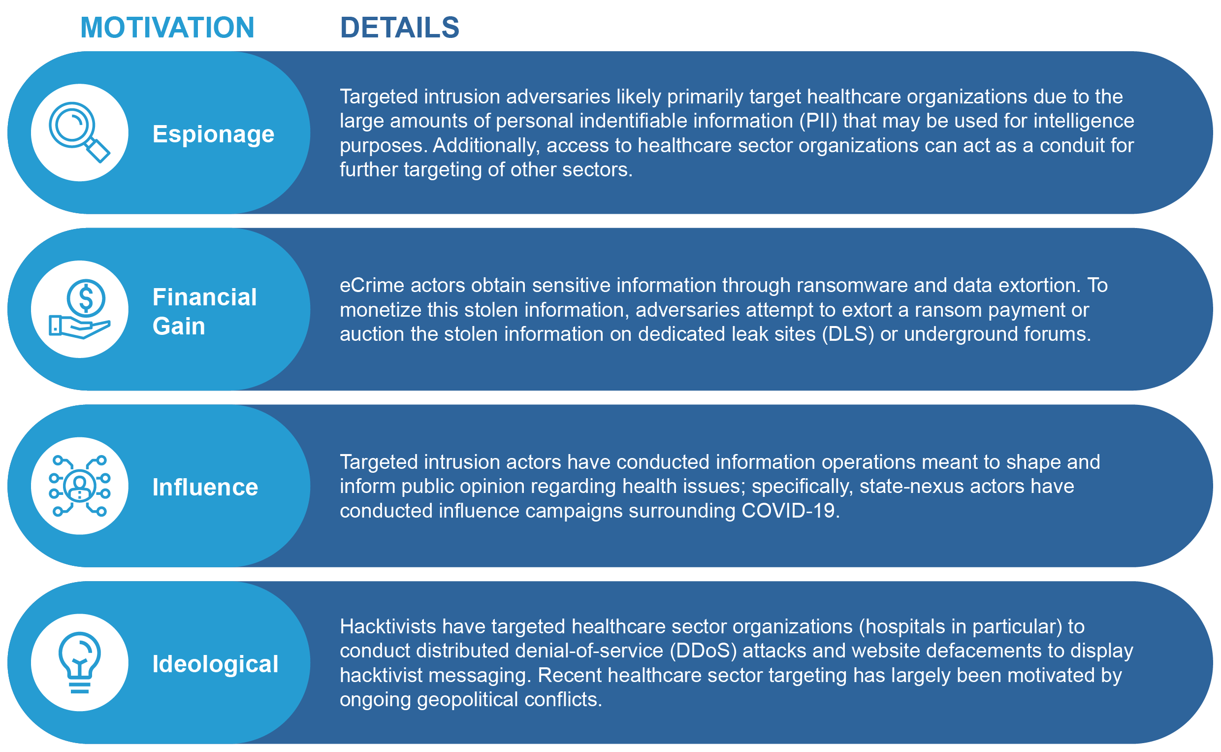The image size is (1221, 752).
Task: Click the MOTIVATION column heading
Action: [x=167, y=28]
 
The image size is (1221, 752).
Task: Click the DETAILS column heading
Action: [x=400, y=28]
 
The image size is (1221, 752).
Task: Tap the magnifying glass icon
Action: [x=80, y=132]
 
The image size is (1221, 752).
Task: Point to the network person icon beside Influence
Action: [x=80, y=486]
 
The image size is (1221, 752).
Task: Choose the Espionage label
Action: [x=213, y=134]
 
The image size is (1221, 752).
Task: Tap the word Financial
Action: [x=204, y=297]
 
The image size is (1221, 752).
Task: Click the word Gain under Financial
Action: [x=179, y=327]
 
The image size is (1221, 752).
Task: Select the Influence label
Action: [x=205, y=488]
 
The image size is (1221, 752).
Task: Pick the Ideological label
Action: [x=215, y=664]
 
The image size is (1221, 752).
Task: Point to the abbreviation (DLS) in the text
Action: [x=848, y=334]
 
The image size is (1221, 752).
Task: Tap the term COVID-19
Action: [x=790, y=511]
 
